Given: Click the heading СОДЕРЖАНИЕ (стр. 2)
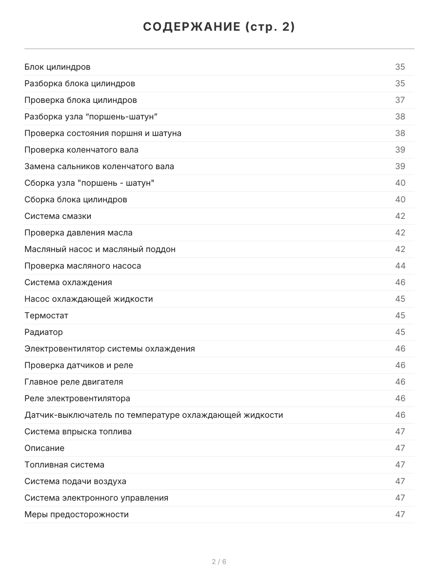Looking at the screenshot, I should tap(219, 27).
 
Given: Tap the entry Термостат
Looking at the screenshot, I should tap(46, 315).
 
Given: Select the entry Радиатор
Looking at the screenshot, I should tap(43, 332).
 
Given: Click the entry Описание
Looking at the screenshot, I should tap(44, 448).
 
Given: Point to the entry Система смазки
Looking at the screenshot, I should tap(58, 216).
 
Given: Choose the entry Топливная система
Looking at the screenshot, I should tap(64, 465).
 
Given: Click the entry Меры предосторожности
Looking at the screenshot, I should tap(77, 514).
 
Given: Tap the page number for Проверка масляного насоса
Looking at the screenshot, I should tap(400, 266).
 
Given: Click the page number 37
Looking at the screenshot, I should tap(400, 100).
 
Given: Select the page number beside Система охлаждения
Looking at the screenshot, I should tap(400, 282).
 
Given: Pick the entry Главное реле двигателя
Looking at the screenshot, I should tap(74, 382).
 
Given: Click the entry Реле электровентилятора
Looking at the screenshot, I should tap(77, 398).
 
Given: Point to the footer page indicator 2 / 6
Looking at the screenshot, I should tap(219, 562).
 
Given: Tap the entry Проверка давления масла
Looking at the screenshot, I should tap(79, 233).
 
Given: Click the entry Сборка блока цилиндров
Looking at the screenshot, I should tap(76, 199).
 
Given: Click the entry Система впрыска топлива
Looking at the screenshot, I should tap(78, 431).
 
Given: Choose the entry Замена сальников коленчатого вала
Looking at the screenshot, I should tap(99, 166).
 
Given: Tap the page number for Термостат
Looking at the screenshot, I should tap(400, 315).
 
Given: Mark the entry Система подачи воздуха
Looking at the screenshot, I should tap(75, 481).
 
